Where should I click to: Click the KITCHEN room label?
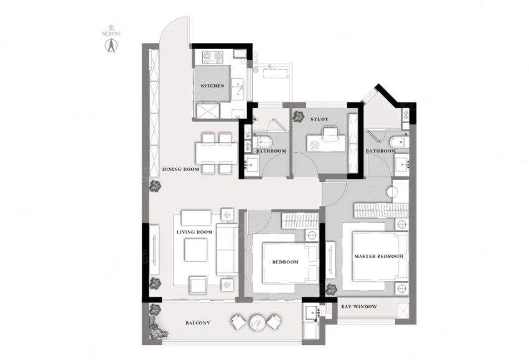pyautogui.click(x=213, y=86)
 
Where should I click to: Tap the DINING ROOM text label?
pyautogui.click(x=180, y=169)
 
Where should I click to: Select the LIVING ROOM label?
pyautogui.click(x=194, y=232)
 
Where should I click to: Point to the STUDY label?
pyautogui.click(x=319, y=119)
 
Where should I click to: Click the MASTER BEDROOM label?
pyautogui.click(x=378, y=257)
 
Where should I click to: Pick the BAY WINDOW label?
pyautogui.click(x=359, y=306)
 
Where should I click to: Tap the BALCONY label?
pyautogui.click(x=198, y=323)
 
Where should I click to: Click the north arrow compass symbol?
pyautogui.click(x=111, y=45)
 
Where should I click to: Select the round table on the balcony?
pyautogui.click(x=258, y=323)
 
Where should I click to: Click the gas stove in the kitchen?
pyautogui.click(x=213, y=57)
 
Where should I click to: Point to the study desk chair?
pyautogui.click(x=330, y=133)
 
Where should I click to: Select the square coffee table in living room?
pyautogui.click(x=195, y=250)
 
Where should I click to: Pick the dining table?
pyautogui.click(x=216, y=153)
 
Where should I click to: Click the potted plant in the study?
pyautogui.click(x=298, y=116)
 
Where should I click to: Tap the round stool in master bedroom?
pyautogui.click(x=392, y=192)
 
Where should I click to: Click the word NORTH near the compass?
pyautogui.click(x=111, y=34)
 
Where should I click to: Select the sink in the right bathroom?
pyautogui.click(x=402, y=165)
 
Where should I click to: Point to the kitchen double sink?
pyautogui.click(x=238, y=89)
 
